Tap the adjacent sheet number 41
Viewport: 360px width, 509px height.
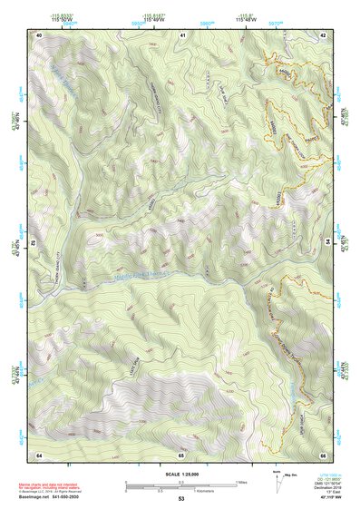(182, 34)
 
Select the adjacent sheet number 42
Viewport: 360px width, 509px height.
(324, 34)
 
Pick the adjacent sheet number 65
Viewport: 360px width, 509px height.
(182, 454)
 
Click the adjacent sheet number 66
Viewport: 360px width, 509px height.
(324, 454)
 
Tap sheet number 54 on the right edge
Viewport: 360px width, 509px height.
(326, 242)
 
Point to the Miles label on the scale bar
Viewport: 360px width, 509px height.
(243, 481)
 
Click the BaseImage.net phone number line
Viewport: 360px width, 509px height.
(50, 496)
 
